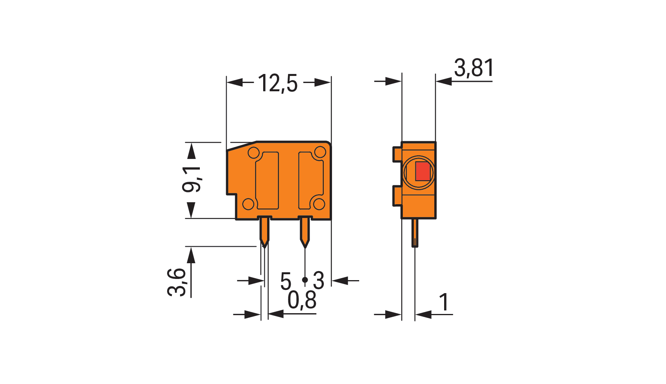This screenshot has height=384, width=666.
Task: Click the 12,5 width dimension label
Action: [x=278, y=83]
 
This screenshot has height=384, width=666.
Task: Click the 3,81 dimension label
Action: [x=474, y=68]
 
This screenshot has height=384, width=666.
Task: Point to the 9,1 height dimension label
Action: [x=192, y=179]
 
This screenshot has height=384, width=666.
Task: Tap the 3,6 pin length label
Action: [x=177, y=282]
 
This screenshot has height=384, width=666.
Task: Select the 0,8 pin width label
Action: [x=302, y=301]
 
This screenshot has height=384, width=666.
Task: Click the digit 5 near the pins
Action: [x=286, y=281]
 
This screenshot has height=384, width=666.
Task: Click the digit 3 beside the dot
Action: [x=318, y=281]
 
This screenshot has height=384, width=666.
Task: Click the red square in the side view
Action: [x=422, y=171]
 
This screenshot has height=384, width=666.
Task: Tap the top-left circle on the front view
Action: [x=254, y=153]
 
